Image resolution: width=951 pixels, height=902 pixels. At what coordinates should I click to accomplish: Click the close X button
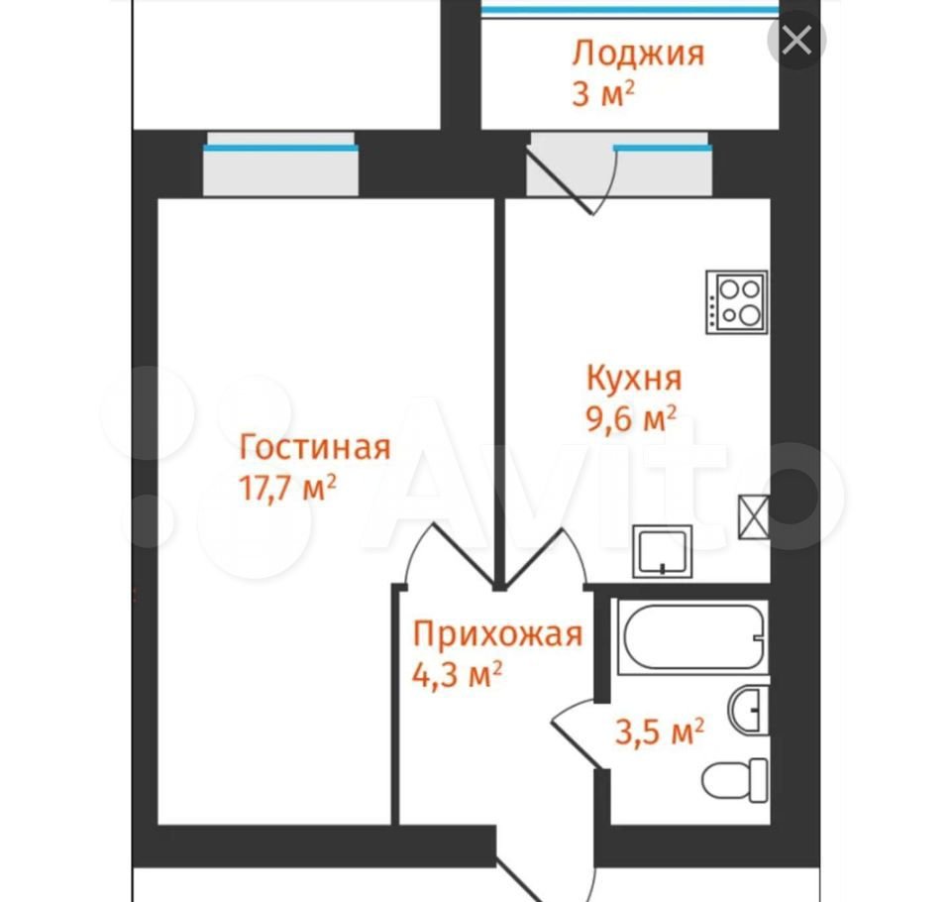796,41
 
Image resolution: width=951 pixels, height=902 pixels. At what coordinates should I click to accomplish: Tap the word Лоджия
638,54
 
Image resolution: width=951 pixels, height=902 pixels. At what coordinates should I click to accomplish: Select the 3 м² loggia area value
603,94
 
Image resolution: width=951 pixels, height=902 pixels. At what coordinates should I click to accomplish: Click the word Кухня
634,378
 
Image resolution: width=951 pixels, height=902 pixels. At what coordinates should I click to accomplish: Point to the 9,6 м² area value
631,418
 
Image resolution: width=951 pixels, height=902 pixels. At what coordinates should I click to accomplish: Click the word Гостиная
315,447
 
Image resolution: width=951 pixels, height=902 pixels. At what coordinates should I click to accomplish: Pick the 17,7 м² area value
288,488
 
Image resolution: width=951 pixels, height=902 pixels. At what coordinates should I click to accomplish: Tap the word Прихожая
498,634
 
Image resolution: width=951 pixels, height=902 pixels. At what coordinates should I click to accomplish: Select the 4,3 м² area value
458,674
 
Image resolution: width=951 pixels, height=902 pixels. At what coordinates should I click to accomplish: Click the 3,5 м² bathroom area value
660,732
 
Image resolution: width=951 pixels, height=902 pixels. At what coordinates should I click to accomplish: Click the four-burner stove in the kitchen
737,301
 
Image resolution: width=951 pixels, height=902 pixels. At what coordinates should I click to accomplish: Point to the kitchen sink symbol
663,551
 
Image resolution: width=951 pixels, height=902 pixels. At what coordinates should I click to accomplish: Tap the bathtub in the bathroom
693,636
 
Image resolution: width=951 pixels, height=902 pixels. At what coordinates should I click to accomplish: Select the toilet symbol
735,780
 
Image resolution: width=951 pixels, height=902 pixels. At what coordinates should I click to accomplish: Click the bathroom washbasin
749,710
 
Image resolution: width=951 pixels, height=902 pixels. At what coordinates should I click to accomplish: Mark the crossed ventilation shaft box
754,516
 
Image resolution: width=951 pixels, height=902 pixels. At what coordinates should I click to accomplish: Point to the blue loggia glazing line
630,10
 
